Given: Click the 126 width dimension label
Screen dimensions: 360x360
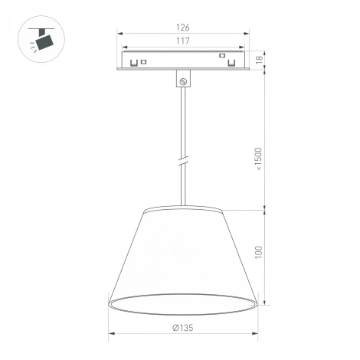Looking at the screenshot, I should point(182,27).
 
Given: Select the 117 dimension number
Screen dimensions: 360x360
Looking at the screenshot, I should point(182,40).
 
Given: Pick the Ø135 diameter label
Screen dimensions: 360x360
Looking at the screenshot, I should point(182,327).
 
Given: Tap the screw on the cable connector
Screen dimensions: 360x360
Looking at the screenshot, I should point(183,80).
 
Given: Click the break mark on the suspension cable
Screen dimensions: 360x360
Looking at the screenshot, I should point(183,162).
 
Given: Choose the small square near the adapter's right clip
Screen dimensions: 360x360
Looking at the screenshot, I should point(221,55).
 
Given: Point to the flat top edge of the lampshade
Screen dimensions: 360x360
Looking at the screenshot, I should point(182,206).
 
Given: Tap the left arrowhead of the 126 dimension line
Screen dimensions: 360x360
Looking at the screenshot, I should point(119,33).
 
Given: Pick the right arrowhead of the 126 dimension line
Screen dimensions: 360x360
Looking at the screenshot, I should point(247,33).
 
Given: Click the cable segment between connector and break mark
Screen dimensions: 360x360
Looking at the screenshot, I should point(183,123).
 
